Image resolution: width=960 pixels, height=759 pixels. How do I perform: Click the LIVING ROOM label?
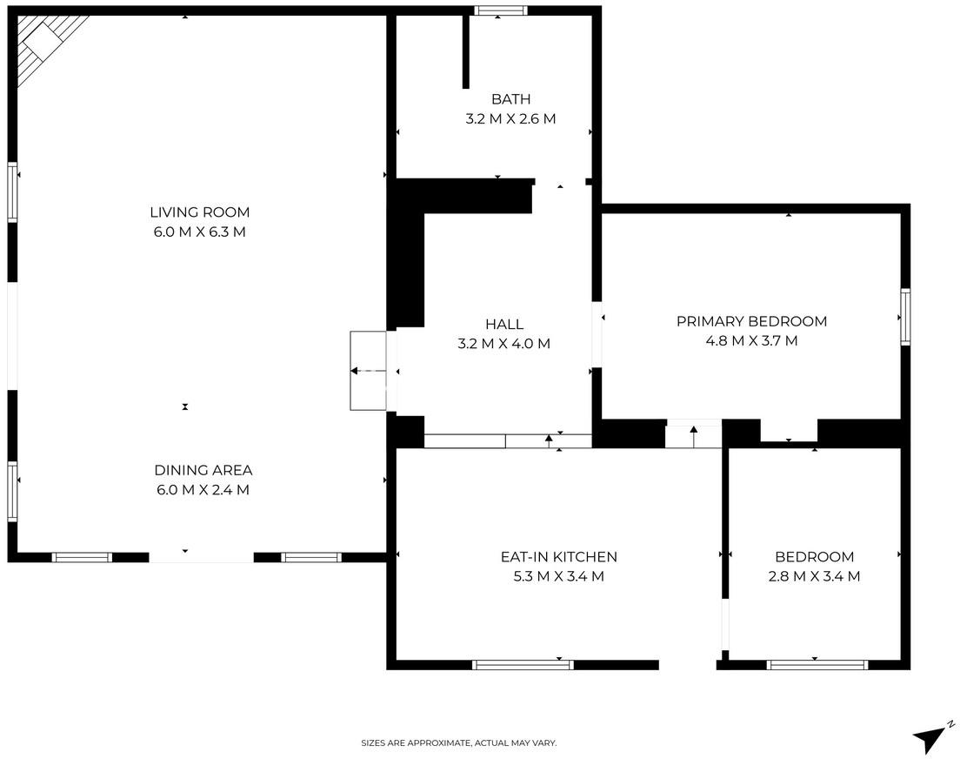click(x=200, y=212)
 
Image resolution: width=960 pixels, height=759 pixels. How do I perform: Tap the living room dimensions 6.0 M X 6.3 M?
click(x=200, y=232)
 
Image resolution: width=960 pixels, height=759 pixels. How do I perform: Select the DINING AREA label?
click(x=203, y=470)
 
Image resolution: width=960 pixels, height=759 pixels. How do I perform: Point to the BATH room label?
click(x=510, y=98)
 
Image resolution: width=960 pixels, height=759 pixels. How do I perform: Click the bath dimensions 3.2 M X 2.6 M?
click(x=510, y=118)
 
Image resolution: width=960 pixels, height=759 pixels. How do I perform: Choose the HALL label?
click(x=504, y=324)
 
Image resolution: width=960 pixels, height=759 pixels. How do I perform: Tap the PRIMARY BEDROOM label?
click(x=752, y=321)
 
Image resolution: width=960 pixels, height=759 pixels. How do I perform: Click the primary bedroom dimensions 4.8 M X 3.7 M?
click(x=752, y=340)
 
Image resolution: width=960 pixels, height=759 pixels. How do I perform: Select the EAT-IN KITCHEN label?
click(x=559, y=557)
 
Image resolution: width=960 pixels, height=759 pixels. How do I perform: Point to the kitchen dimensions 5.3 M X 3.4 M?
click(x=559, y=576)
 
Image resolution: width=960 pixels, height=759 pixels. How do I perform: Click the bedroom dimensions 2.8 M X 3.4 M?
click(x=814, y=576)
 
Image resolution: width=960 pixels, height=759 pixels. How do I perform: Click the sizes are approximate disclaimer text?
click(x=458, y=743)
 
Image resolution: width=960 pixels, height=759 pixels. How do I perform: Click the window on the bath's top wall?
click(x=500, y=10)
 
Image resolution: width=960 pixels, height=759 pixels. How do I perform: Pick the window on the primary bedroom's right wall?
click(x=905, y=317)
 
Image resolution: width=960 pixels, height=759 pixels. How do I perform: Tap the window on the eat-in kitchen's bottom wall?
click(x=523, y=665)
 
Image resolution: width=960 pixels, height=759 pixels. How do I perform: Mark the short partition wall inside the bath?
click(x=466, y=52)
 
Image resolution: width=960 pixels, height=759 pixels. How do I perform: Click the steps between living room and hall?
click(x=368, y=371)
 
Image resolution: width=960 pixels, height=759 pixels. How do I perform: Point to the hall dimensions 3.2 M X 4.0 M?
click(x=503, y=343)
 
